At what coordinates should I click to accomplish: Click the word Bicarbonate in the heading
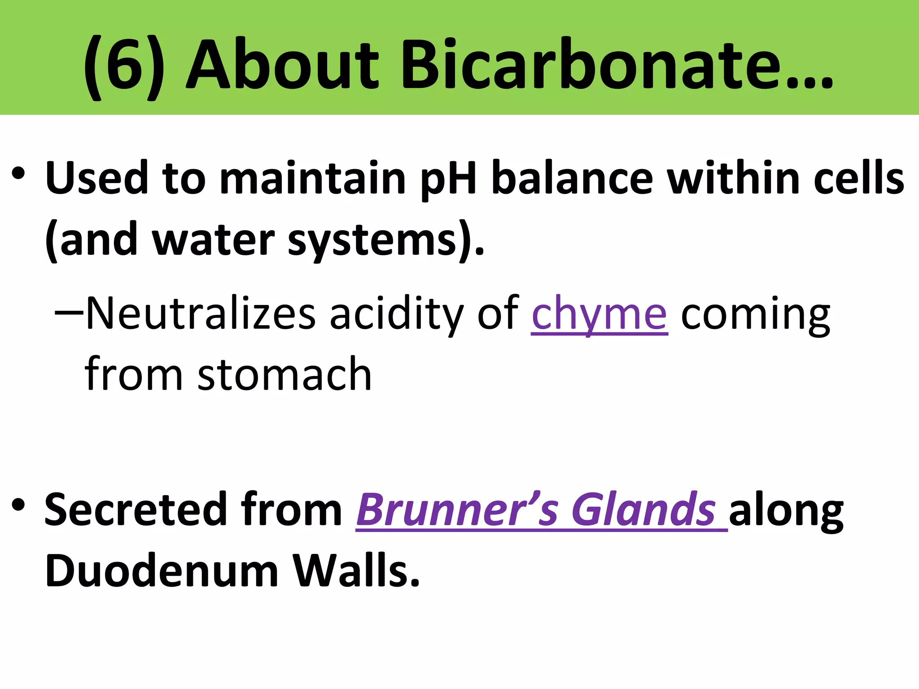(588, 65)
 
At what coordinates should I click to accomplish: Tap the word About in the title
(283, 65)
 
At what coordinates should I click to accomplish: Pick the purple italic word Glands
(643, 510)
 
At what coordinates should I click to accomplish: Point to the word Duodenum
(162, 571)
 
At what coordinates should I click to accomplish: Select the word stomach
(284, 375)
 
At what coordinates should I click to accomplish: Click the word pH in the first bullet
(448, 179)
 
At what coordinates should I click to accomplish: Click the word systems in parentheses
(372, 241)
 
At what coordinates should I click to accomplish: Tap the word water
(214, 241)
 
